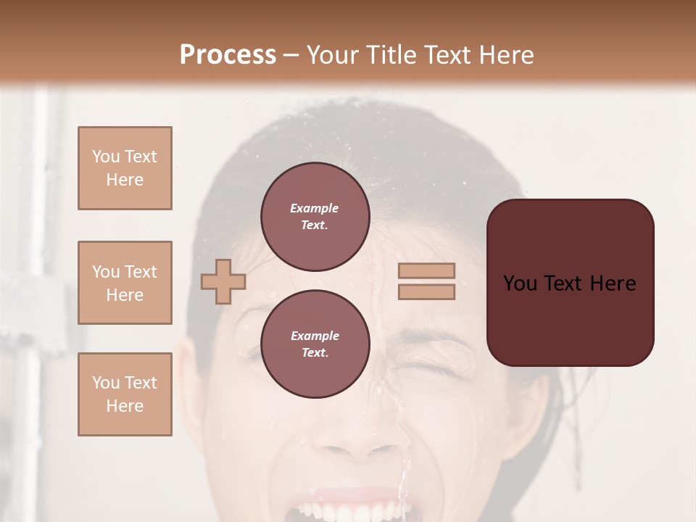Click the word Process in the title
(x=228, y=55)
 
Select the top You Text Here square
(x=125, y=168)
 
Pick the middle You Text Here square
(x=125, y=283)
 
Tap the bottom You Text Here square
(x=125, y=394)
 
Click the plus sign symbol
(x=223, y=281)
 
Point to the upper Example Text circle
(x=315, y=216)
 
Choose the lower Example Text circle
(x=315, y=344)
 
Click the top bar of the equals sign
(x=426, y=271)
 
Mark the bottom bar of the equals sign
(x=426, y=292)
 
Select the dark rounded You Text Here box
(x=570, y=283)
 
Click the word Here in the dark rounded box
(x=613, y=283)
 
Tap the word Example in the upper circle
(x=315, y=208)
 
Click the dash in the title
(x=291, y=56)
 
